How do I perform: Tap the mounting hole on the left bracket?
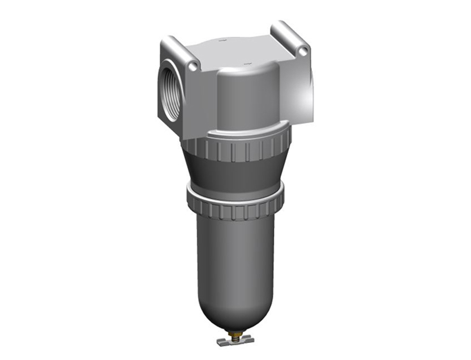193,67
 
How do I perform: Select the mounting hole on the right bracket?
304,52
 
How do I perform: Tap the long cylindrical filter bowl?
235,260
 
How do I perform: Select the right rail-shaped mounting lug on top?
290,37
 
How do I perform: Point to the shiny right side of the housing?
300,94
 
